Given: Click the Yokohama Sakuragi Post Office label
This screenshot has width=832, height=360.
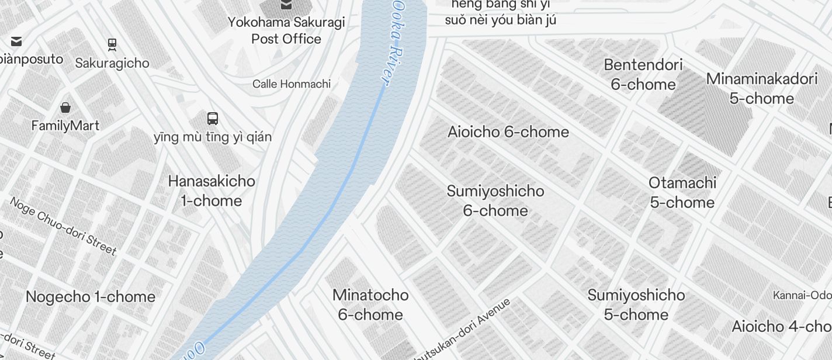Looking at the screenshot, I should coord(286,30).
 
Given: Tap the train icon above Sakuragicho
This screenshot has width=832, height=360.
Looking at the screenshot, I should coord(112,44).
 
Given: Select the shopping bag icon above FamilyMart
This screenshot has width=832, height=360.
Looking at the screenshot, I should coord(65,108).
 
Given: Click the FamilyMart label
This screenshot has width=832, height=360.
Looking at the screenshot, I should coord(65,126).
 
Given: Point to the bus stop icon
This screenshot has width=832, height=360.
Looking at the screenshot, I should coord(213,119).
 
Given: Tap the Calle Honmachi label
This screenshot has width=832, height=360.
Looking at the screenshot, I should coord(292,84).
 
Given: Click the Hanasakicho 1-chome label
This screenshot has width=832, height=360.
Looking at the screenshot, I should coord(212,191).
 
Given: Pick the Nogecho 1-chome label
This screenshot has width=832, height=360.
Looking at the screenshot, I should coord(91,297).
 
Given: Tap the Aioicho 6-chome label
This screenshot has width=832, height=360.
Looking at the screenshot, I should coord(508,132).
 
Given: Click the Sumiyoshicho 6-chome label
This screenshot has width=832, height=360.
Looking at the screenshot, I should coord(495,200).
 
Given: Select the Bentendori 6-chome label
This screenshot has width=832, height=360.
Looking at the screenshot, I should coord(643,74).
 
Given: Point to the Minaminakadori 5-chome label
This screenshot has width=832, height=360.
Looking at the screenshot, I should coord(762,88).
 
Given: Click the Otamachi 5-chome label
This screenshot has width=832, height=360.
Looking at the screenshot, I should coord(682,192).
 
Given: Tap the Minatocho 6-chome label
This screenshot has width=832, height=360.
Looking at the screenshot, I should coord(370,304).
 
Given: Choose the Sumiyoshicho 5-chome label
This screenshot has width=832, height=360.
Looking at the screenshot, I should coord(636,304).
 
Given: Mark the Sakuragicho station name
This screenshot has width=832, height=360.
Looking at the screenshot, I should coord(112,63).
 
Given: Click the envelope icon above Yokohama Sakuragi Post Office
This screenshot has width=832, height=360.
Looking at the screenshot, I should coord(286,5).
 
